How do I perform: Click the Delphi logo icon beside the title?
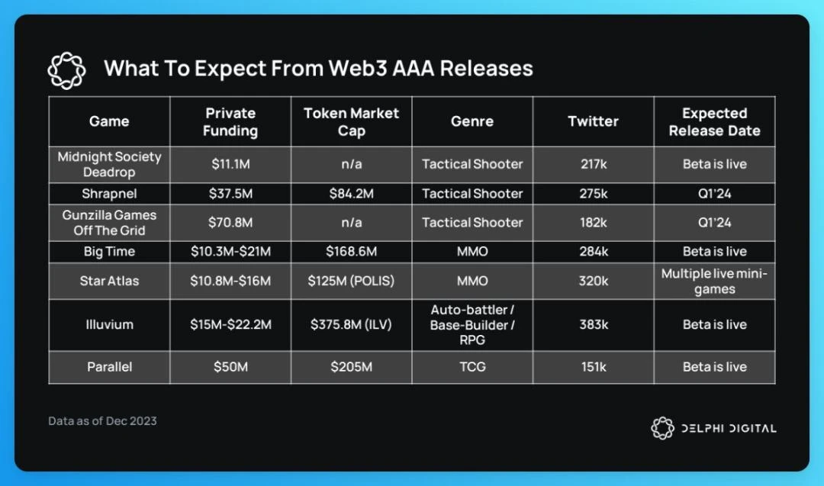66,70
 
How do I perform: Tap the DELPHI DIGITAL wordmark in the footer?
728,428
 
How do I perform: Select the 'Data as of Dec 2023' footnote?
102,421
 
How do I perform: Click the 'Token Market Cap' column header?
351,121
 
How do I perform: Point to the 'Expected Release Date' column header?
714,121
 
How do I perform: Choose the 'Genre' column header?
472,121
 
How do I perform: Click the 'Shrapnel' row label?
109,194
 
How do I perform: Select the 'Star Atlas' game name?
109,281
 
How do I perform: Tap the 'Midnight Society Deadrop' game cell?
109,164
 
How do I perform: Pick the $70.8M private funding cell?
230,223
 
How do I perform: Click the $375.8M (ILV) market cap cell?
351,324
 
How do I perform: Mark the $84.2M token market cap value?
351,194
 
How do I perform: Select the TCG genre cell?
472,367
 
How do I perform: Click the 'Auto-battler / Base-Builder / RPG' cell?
472,324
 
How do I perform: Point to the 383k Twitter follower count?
593,324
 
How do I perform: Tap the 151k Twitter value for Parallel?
593,367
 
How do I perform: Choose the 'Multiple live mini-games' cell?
714,281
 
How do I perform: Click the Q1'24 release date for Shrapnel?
714,194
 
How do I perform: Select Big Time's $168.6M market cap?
351,252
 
